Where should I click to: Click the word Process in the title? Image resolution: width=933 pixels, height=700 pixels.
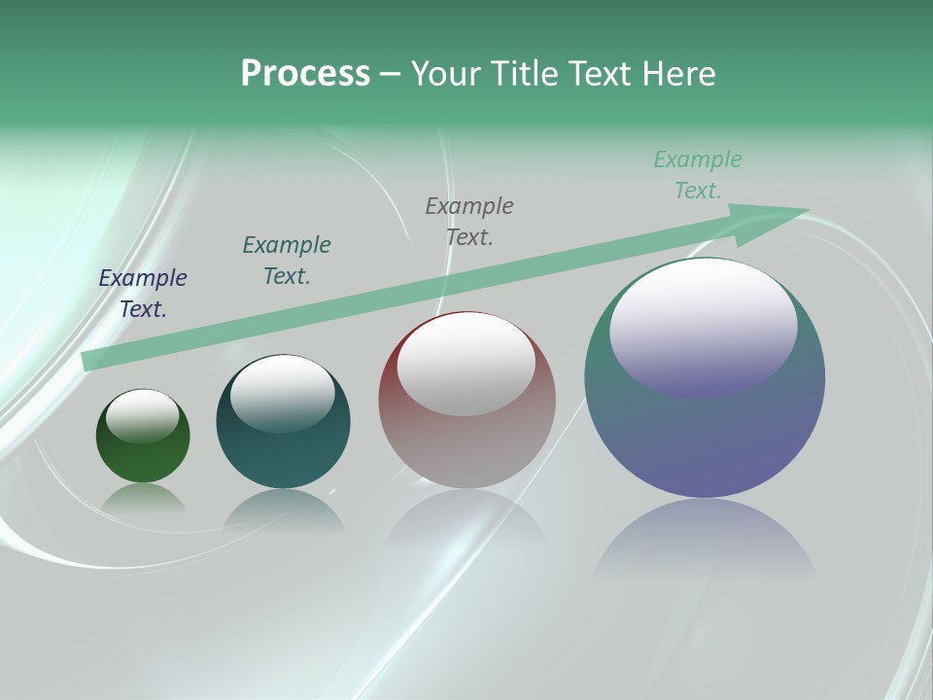305,74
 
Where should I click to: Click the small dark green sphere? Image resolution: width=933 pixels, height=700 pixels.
143,457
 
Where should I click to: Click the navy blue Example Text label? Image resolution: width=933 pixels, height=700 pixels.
143,294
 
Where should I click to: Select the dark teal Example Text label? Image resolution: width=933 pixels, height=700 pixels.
287,261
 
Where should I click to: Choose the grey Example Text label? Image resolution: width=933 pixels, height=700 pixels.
469,222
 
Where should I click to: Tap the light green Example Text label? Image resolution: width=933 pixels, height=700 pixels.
698,175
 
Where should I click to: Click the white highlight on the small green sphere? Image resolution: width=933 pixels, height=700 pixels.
143,415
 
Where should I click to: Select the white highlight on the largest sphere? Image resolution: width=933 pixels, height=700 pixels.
704,326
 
